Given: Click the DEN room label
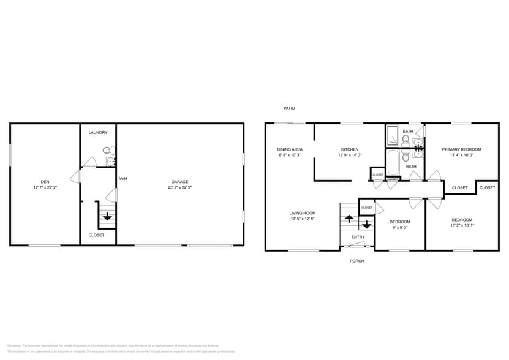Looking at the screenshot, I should pos(45,181).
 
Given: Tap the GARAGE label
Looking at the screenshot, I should pos(179,181).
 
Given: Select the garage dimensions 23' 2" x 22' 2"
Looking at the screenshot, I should pos(179,187).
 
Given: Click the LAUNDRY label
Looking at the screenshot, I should pos(98,132).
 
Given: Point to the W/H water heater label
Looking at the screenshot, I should pos(123,178).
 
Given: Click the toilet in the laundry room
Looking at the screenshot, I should pos(107,150).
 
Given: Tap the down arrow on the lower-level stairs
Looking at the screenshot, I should pos(107,217).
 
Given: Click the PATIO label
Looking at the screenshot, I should pos(289,108).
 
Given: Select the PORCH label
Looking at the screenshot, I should pos(356,261).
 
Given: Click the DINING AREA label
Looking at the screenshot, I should pos(290,149).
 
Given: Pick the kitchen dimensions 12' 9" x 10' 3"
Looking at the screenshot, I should pos(350,155).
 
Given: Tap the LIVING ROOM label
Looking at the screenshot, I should pos(302,213).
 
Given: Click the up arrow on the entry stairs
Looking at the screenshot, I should pos(349,217).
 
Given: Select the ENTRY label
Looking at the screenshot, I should pos(358,237).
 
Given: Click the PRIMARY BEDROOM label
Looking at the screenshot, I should pos(461,149).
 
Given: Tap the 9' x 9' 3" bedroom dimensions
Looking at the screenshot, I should pos(400,227).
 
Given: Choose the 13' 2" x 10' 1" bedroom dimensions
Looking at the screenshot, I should pos(462,225).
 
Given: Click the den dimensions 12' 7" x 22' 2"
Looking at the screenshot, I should pos(45,187).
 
